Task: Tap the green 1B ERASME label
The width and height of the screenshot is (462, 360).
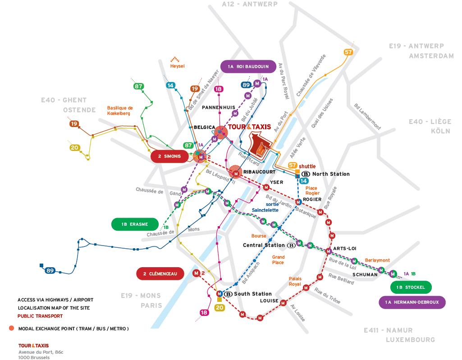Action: (134, 224)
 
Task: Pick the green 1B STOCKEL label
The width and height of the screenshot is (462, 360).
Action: (411, 287)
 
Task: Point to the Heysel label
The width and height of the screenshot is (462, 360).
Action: (177, 66)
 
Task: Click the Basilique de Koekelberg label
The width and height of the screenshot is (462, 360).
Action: (120, 110)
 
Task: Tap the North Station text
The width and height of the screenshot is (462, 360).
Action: (331, 174)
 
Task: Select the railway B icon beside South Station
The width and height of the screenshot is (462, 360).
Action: (228, 294)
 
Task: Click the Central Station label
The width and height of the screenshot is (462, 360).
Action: (264, 246)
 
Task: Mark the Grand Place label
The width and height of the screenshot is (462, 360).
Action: (278, 260)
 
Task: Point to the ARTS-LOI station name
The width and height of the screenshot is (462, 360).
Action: (345, 249)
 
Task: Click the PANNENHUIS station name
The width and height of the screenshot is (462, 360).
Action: (218, 108)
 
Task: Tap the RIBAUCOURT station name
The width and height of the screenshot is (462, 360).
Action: (258, 172)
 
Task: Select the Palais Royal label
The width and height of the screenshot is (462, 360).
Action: (295, 282)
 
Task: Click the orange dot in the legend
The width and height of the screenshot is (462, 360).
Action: (11, 328)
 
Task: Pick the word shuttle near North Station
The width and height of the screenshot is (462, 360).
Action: (307, 166)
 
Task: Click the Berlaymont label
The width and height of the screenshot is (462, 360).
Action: (377, 260)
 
